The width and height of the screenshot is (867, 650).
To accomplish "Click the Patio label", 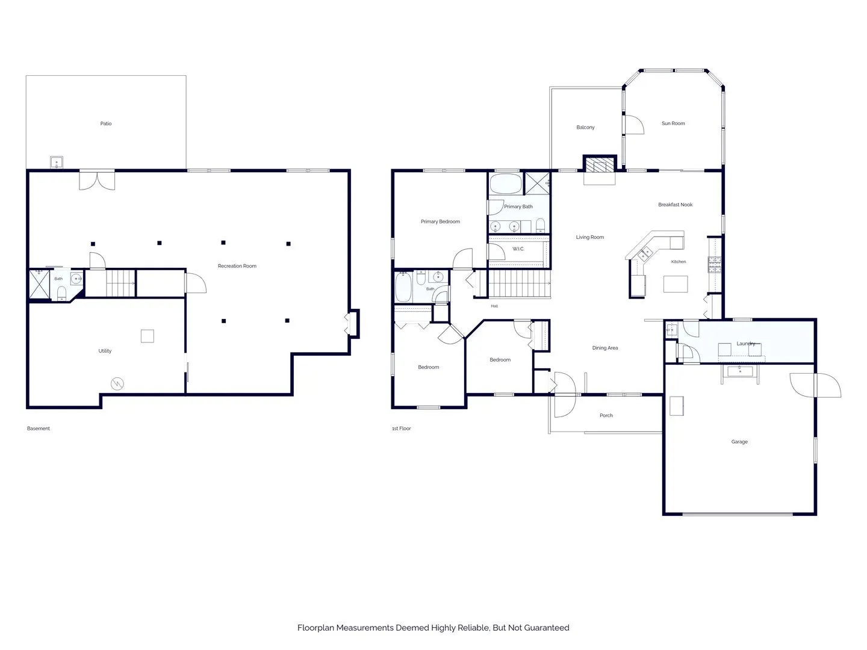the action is point(106,123).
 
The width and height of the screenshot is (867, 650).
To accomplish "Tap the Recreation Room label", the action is point(237,266).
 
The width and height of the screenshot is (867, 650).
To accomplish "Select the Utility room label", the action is point(105,351).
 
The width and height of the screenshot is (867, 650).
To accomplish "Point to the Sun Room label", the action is point(673,123).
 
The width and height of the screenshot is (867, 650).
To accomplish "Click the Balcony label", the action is point(585,128).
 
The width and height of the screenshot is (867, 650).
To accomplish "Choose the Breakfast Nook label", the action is point(675,205).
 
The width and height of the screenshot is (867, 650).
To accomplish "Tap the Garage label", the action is point(739,442).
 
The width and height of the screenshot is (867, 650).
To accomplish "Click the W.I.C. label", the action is point(518,249).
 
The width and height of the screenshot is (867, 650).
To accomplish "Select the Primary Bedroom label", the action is point(440,221).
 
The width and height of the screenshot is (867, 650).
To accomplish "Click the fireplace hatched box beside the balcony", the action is point(600,165).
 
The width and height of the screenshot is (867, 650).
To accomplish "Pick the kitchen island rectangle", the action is point(675,284).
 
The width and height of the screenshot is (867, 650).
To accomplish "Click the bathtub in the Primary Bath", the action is point(506,184).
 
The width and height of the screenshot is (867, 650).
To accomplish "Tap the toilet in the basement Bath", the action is point(61,292).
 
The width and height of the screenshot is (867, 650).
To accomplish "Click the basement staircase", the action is point(120,283).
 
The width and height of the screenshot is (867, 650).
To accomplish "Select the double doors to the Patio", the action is point(97,180).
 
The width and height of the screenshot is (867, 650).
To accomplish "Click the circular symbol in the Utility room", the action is point(117,383).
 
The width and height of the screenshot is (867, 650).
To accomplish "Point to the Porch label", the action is point(606,415).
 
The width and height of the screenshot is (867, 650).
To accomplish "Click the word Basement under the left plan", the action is point(39,428).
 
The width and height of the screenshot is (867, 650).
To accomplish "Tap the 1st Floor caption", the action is point(402,428).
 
